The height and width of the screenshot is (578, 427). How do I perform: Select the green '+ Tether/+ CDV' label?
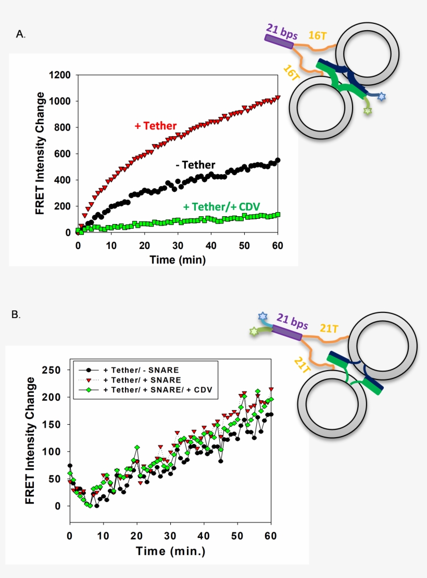point(222,206)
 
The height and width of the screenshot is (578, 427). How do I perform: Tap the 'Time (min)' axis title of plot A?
point(178,259)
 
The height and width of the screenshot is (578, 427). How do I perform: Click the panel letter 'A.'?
point(21,34)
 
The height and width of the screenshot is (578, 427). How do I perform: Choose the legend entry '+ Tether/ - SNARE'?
point(141,370)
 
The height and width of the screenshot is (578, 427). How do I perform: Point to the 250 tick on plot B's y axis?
point(54,370)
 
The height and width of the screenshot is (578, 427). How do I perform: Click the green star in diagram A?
point(368,111)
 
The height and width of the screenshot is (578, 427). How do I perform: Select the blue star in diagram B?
point(262,316)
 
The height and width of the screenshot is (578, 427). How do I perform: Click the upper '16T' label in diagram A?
point(318,35)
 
